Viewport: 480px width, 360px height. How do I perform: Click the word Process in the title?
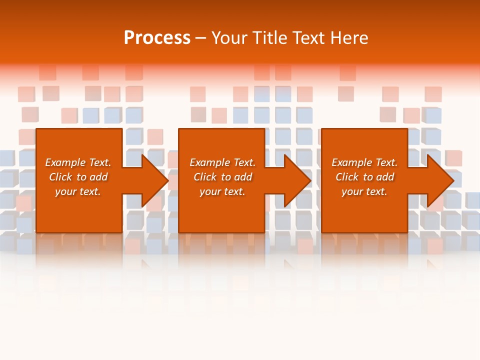point(157,38)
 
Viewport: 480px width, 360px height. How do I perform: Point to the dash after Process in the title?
point(201,38)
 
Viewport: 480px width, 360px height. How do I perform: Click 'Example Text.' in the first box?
point(78,162)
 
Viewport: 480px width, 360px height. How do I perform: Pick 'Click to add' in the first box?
point(78,177)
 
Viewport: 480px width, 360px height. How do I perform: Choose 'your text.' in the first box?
point(78,191)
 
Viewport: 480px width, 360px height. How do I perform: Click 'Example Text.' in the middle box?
point(222,162)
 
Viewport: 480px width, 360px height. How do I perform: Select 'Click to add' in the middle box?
point(222,177)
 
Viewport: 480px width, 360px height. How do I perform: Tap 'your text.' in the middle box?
point(222,191)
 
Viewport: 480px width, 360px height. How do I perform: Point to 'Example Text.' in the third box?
point(364,162)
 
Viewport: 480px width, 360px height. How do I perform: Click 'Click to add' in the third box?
point(364,177)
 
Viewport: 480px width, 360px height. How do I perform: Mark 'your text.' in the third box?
point(364,191)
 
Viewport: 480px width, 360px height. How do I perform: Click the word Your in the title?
point(229,38)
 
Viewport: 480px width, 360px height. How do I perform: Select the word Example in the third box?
point(352,162)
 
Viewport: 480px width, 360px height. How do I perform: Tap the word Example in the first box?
point(65,162)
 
